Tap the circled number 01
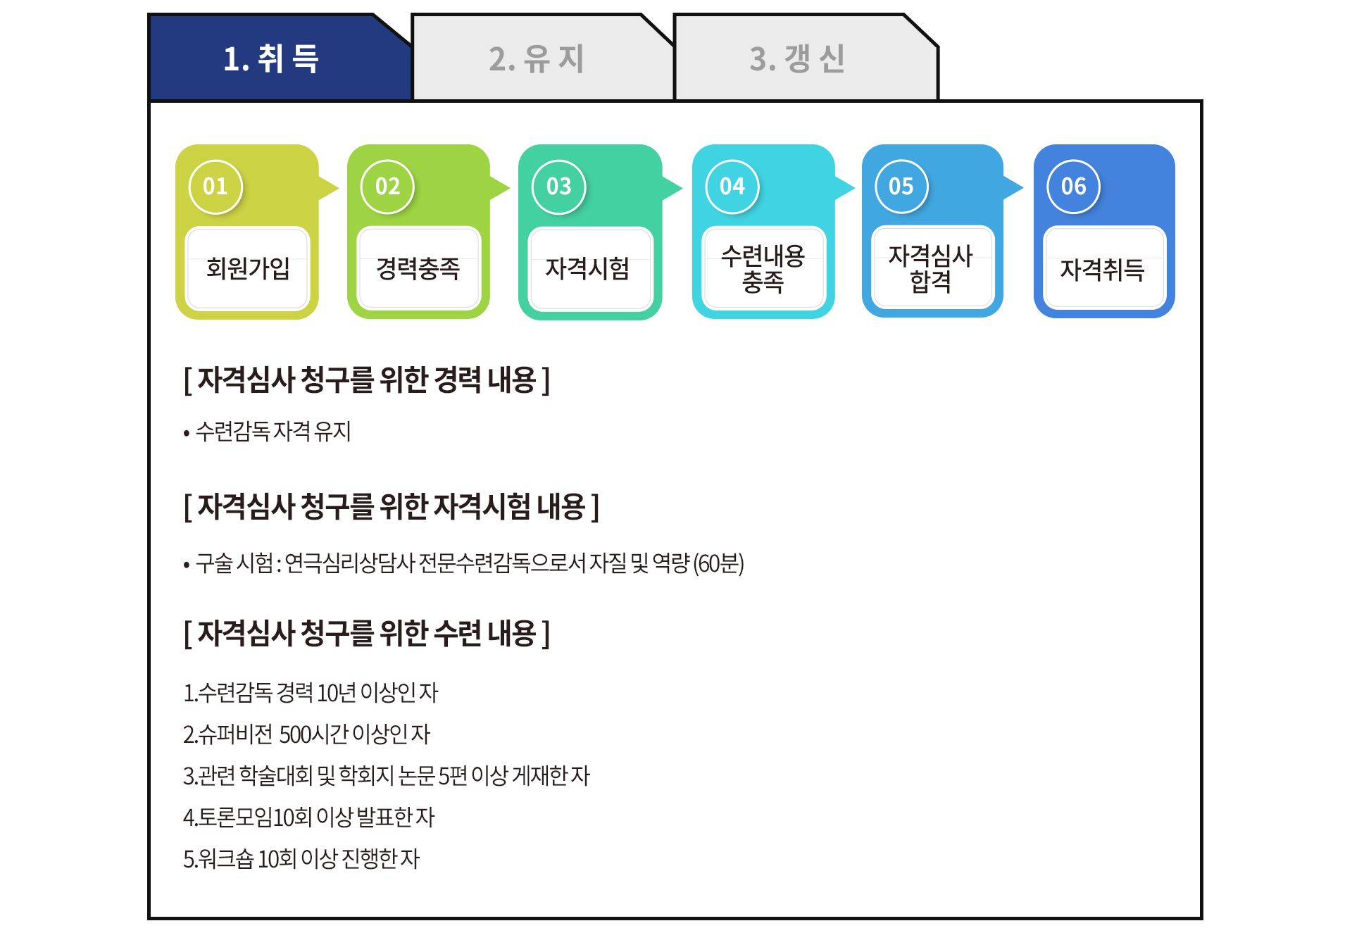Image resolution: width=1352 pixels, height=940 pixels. click(x=215, y=187)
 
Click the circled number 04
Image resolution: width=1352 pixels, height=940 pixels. click(x=732, y=187)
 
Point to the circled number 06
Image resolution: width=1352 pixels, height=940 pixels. click(x=1074, y=187)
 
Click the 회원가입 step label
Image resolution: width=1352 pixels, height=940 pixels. click(x=248, y=268)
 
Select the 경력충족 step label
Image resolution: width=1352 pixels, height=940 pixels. click(x=418, y=268)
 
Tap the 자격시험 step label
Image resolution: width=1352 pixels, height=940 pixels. click(x=588, y=268)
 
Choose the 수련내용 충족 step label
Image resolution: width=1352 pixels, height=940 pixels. click(x=763, y=268)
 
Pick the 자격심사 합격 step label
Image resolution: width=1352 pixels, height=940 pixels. click(x=931, y=268)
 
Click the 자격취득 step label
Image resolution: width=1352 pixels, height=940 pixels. click(x=1103, y=269)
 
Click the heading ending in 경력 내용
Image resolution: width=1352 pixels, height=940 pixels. click(x=367, y=380)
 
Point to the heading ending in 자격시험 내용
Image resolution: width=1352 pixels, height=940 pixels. click(x=392, y=507)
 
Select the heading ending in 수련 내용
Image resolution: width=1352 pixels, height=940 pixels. click(x=367, y=634)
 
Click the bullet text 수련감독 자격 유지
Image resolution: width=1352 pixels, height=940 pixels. click(x=273, y=431)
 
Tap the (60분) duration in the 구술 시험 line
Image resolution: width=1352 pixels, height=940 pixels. click(x=719, y=563)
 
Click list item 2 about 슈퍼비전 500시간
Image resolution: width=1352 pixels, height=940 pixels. click(x=306, y=734)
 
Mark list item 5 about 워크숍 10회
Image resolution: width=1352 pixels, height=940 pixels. click(x=301, y=859)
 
